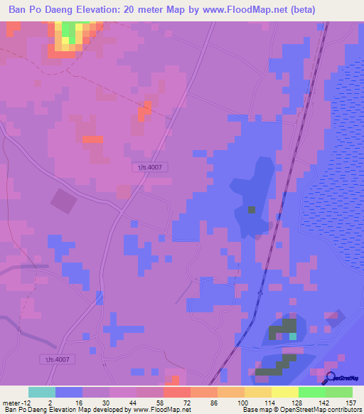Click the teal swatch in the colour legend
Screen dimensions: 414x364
coord(42,392)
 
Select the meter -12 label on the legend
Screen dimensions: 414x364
coord(16,402)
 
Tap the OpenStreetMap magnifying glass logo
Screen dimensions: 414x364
coord(330,378)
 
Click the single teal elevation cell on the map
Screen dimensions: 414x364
coord(292,336)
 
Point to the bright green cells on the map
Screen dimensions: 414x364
coord(69,30)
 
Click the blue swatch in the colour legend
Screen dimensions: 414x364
coord(69,392)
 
